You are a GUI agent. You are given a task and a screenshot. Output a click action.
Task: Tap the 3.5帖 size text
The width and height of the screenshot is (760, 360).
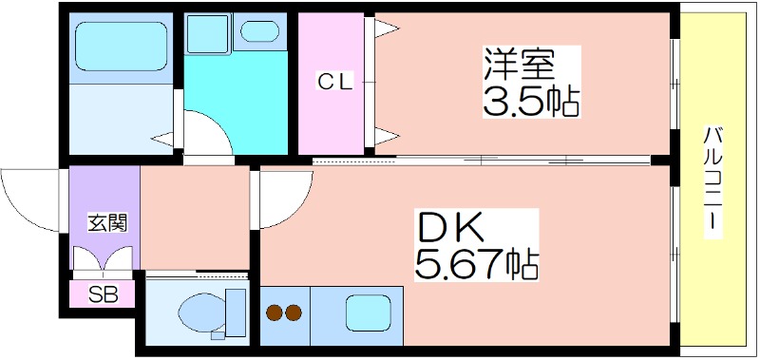(531, 101)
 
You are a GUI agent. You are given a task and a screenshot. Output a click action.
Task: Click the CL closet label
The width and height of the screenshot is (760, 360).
(334, 83)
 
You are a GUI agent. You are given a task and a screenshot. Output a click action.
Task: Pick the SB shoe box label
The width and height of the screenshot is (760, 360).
(103, 294)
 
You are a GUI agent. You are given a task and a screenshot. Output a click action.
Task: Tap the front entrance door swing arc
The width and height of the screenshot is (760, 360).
(33, 199)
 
